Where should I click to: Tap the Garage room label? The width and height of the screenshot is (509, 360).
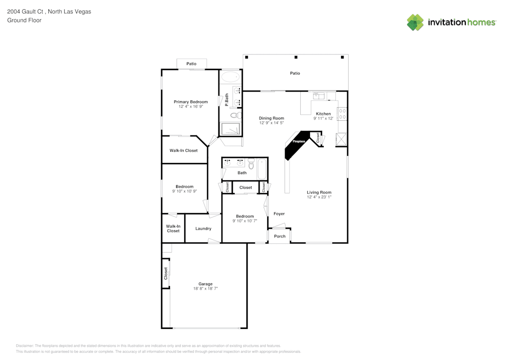(205, 284)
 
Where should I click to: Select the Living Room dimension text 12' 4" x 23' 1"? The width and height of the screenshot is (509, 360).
(319, 197)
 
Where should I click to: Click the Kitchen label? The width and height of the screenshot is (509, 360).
(323, 114)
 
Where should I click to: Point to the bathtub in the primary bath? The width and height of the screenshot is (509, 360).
(231, 77)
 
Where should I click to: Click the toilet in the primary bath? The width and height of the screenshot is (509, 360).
(234, 116)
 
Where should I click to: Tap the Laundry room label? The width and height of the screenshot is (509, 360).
(203, 229)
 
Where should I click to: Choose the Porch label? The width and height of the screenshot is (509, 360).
(279, 236)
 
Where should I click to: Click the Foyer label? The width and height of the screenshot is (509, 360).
(279, 214)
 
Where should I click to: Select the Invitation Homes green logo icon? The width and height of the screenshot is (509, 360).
(415, 22)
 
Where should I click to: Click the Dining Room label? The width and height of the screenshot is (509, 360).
(271, 118)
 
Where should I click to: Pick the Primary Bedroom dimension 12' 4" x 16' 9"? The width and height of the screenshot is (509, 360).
(191, 107)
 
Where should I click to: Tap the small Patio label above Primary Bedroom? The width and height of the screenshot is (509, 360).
(191, 64)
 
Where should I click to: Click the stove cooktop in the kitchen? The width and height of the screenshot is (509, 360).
(343, 114)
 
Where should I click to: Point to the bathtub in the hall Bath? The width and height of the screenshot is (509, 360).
(262, 169)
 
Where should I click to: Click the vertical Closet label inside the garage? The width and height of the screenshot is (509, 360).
(165, 273)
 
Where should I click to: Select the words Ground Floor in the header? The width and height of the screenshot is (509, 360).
(24, 20)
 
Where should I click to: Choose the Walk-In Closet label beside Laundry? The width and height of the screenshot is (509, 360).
(173, 229)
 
